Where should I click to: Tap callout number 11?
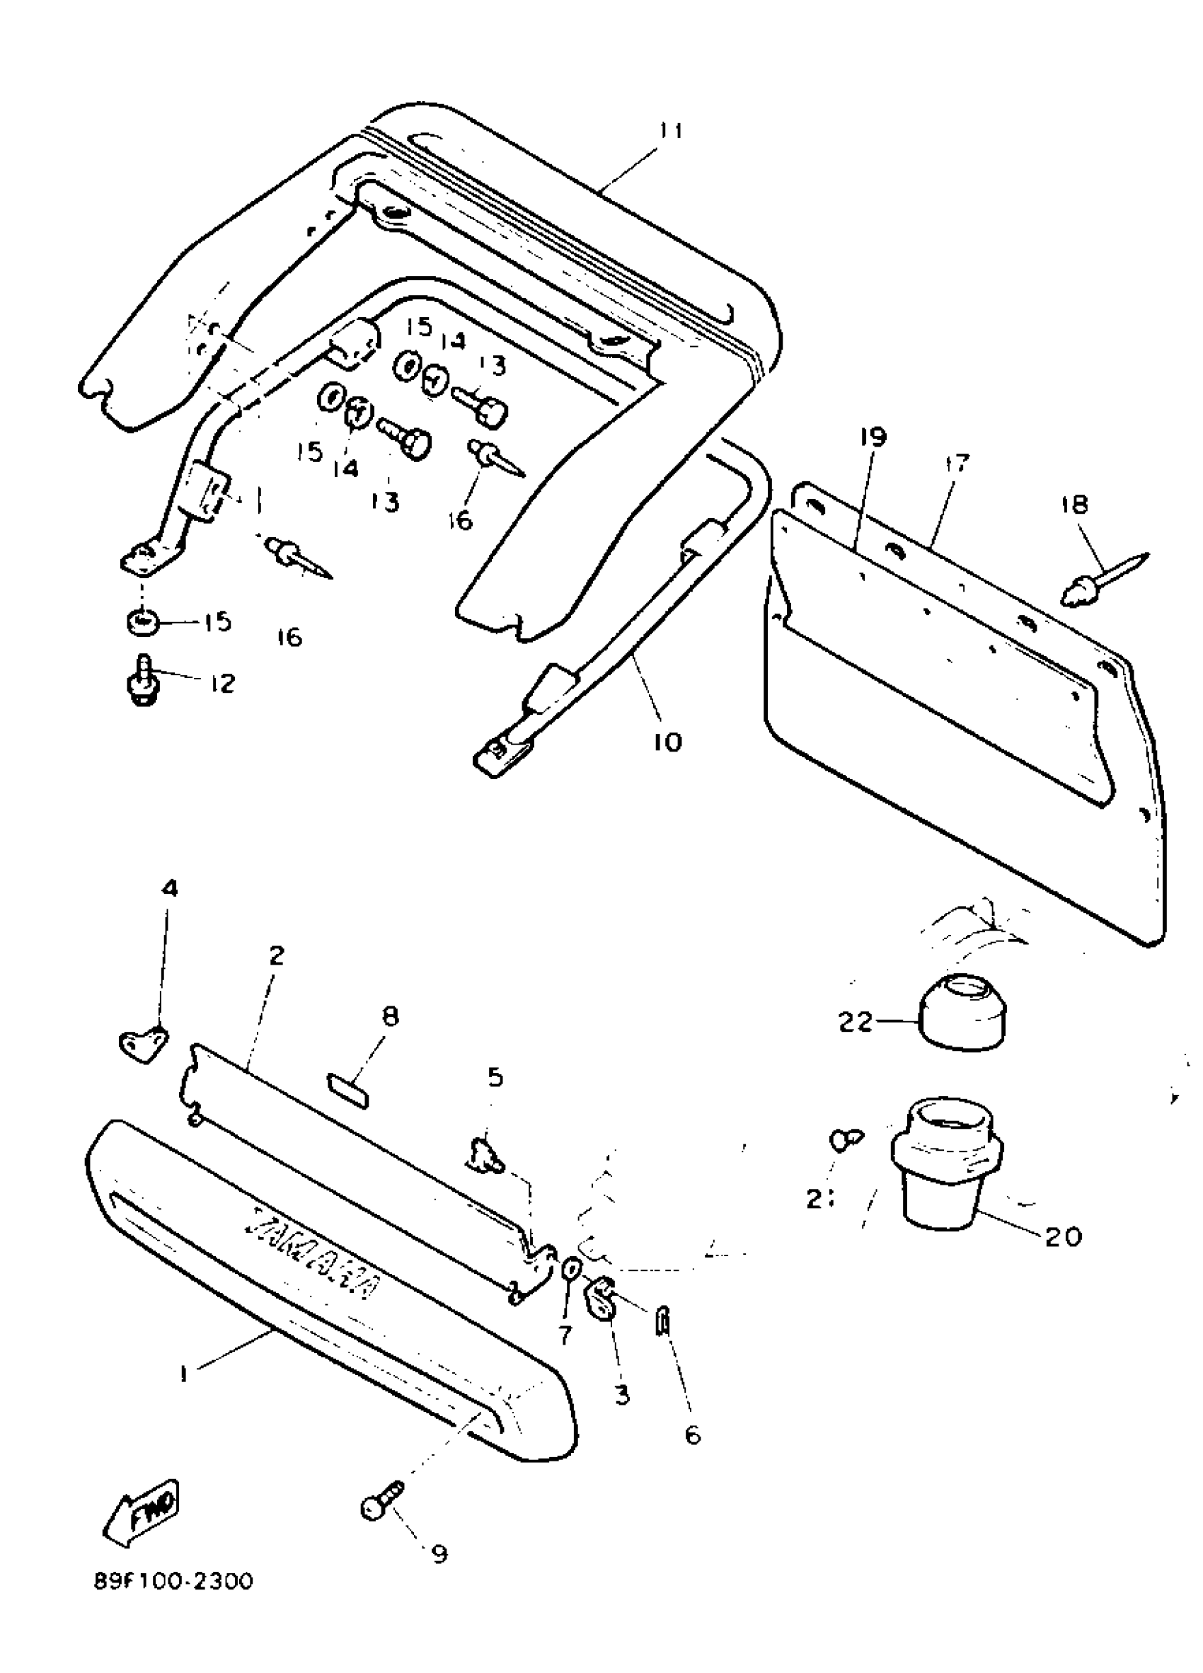coord(670,132)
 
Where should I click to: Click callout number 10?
coord(667,742)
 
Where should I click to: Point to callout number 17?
coord(956,464)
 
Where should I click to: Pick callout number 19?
coord(873,437)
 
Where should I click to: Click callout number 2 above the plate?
coord(276,956)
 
